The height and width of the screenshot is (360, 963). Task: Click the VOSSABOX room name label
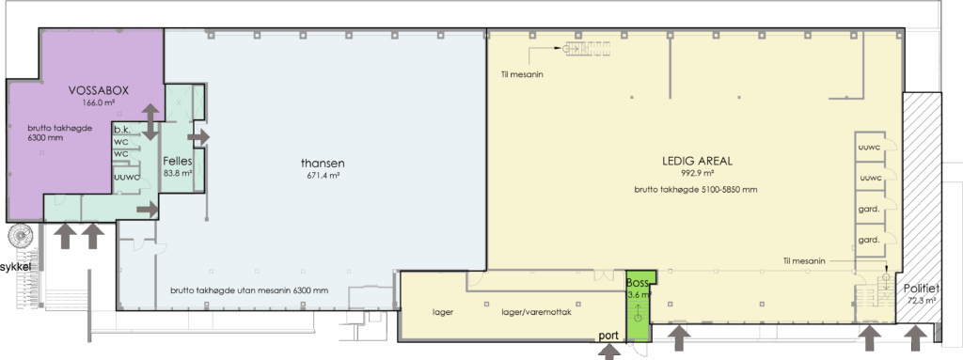[98, 91]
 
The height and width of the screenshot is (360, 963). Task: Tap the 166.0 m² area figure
[98, 102]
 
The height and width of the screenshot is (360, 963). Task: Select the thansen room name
[323, 164]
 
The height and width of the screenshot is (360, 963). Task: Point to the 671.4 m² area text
[324, 176]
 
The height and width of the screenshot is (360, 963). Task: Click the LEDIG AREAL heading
[697, 162]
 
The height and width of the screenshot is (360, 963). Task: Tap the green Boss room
[639, 305]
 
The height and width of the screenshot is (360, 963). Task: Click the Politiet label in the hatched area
[922, 290]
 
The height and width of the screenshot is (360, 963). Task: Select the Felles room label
[178, 162]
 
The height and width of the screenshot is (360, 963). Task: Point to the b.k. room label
[123, 130]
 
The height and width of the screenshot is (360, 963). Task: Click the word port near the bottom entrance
[608, 337]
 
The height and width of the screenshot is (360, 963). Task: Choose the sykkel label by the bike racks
[16, 267]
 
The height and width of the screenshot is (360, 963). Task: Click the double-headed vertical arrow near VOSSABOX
[150, 121]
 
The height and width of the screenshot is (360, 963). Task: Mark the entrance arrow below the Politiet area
[916, 338]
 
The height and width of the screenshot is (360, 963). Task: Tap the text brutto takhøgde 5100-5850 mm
[696, 190]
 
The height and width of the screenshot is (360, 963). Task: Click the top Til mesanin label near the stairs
[522, 75]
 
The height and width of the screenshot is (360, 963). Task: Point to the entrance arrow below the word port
[609, 352]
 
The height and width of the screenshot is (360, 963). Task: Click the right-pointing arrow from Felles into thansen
[199, 137]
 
